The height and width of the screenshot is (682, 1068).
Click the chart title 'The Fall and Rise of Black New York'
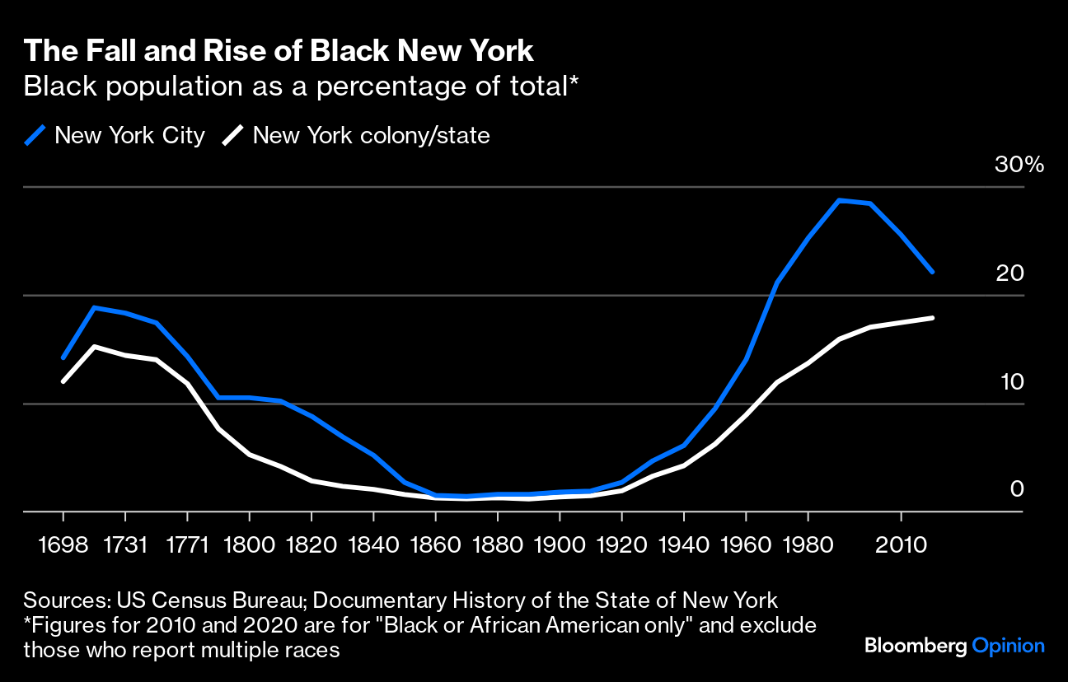coord(279,51)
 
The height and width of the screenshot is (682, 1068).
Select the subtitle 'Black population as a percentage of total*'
coord(300,86)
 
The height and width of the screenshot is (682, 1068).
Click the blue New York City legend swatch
coord(35,135)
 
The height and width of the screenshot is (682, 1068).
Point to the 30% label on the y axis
coord(1019,164)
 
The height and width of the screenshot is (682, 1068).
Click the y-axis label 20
coord(1009,273)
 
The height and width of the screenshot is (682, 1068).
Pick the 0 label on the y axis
coord(1017,489)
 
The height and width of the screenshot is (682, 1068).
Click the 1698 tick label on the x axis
coord(63,544)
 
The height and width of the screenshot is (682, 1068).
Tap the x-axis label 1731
coord(125,544)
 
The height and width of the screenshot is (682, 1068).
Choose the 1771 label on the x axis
coord(187,544)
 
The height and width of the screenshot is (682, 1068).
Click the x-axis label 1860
coord(435,544)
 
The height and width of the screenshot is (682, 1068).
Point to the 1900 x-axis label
coord(560,544)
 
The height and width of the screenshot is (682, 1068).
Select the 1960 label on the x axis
coord(745,544)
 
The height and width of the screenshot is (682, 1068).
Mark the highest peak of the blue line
coord(839,200)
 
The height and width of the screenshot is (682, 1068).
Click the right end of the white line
coord(932,317)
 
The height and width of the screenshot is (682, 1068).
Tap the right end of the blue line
coord(932,271)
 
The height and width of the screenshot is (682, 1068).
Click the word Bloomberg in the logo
coord(915,646)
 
